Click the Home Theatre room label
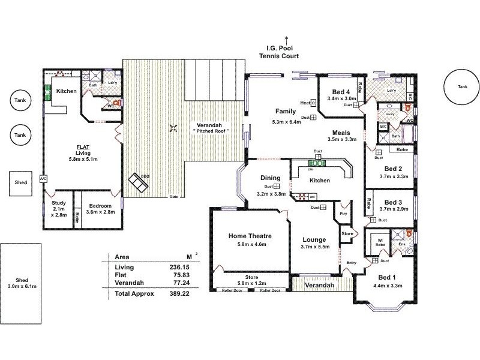coord(248,236)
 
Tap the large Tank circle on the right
coord(461,86)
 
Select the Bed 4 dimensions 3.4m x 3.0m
coord(342,98)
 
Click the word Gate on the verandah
coord(175,197)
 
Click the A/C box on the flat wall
coord(43,179)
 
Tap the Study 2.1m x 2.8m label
coord(58,207)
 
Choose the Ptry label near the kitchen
coord(343,213)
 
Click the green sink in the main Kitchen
coord(317,163)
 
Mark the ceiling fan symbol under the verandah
coord(174,127)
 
